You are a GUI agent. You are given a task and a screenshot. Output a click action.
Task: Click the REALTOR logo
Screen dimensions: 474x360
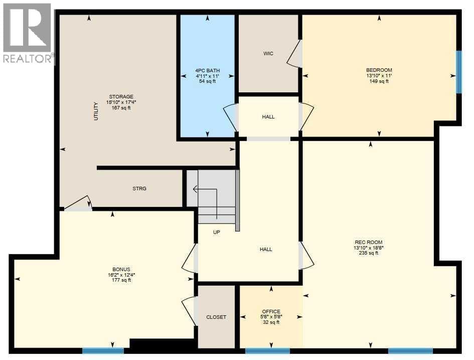click(27, 33)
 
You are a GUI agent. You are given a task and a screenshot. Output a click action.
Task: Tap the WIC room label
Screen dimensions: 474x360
click(268, 54)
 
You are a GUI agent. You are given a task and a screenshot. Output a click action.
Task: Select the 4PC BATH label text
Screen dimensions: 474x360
click(207, 70)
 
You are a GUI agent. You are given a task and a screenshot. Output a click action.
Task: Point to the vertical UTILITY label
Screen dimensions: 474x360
click(96, 111)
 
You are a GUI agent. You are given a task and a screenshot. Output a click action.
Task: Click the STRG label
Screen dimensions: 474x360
click(139, 188)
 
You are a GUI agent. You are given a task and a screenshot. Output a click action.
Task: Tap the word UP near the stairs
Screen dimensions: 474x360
click(217, 232)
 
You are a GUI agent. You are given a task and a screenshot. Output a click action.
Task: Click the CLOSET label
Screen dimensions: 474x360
click(216, 317)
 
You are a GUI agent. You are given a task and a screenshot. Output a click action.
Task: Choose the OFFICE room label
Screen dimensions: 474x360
click(271, 312)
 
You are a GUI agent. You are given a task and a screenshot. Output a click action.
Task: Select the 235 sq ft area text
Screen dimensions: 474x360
click(369, 253)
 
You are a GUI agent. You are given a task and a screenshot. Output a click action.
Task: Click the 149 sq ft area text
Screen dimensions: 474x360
click(379, 81)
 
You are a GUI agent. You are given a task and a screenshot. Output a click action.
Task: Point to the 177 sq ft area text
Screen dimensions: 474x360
click(121, 280)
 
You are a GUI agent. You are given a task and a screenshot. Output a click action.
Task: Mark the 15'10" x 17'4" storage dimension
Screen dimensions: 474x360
click(121, 102)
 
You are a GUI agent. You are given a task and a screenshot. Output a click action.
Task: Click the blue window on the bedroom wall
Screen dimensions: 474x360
click(459, 72)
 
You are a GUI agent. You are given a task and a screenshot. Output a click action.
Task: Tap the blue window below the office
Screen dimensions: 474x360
click(267, 351)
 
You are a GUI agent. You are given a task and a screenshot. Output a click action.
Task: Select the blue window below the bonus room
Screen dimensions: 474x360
click(103, 351)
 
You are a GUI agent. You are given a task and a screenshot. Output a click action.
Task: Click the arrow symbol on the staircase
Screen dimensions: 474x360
click(205, 203)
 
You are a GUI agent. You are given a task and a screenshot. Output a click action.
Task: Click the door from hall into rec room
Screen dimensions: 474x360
click(306, 255)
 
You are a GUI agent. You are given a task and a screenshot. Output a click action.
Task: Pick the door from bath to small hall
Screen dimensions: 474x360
click(231, 117)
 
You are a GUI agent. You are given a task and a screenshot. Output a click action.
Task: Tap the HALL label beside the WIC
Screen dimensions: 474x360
click(268, 117)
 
